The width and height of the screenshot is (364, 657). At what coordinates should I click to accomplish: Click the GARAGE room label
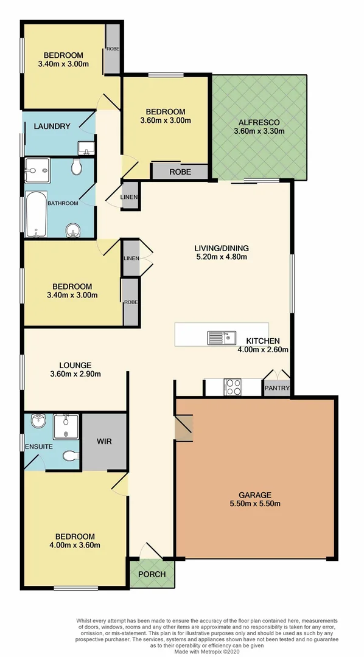[x=254, y=495]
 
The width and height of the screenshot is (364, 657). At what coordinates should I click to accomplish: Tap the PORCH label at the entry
[x=151, y=574]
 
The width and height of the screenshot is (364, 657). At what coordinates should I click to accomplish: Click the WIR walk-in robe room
[x=103, y=441]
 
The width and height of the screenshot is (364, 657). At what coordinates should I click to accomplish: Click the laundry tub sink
[x=86, y=147]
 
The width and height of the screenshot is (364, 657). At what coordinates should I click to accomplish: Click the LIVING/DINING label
[x=221, y=248]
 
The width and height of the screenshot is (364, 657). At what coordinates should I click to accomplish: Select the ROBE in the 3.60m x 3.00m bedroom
[x=180, y=172]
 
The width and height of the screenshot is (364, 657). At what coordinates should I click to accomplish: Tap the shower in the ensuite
[x=63, y=426]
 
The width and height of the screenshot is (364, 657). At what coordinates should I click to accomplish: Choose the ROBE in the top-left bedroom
[x=113, y=49]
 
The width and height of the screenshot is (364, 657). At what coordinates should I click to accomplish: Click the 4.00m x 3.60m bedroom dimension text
[x=75, y=545]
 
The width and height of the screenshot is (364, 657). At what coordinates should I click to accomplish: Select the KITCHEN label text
[x=262, y=341]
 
